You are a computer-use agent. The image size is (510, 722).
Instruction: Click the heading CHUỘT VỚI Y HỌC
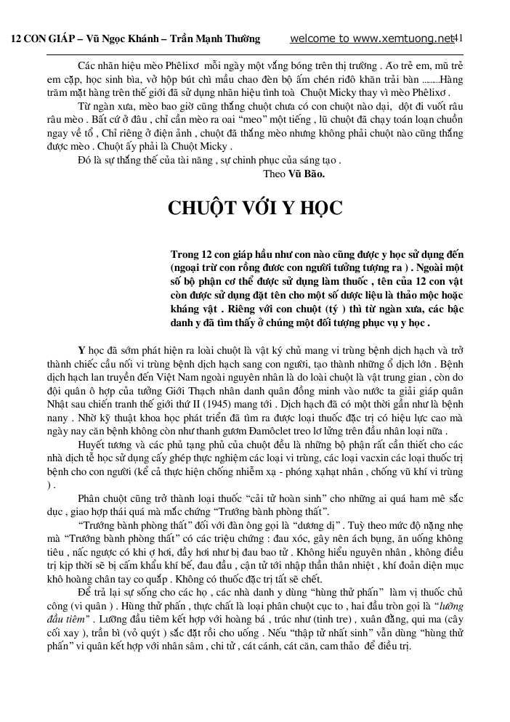click(x=255, y=208)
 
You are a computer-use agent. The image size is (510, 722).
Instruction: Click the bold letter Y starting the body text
click(x=81, y=350)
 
